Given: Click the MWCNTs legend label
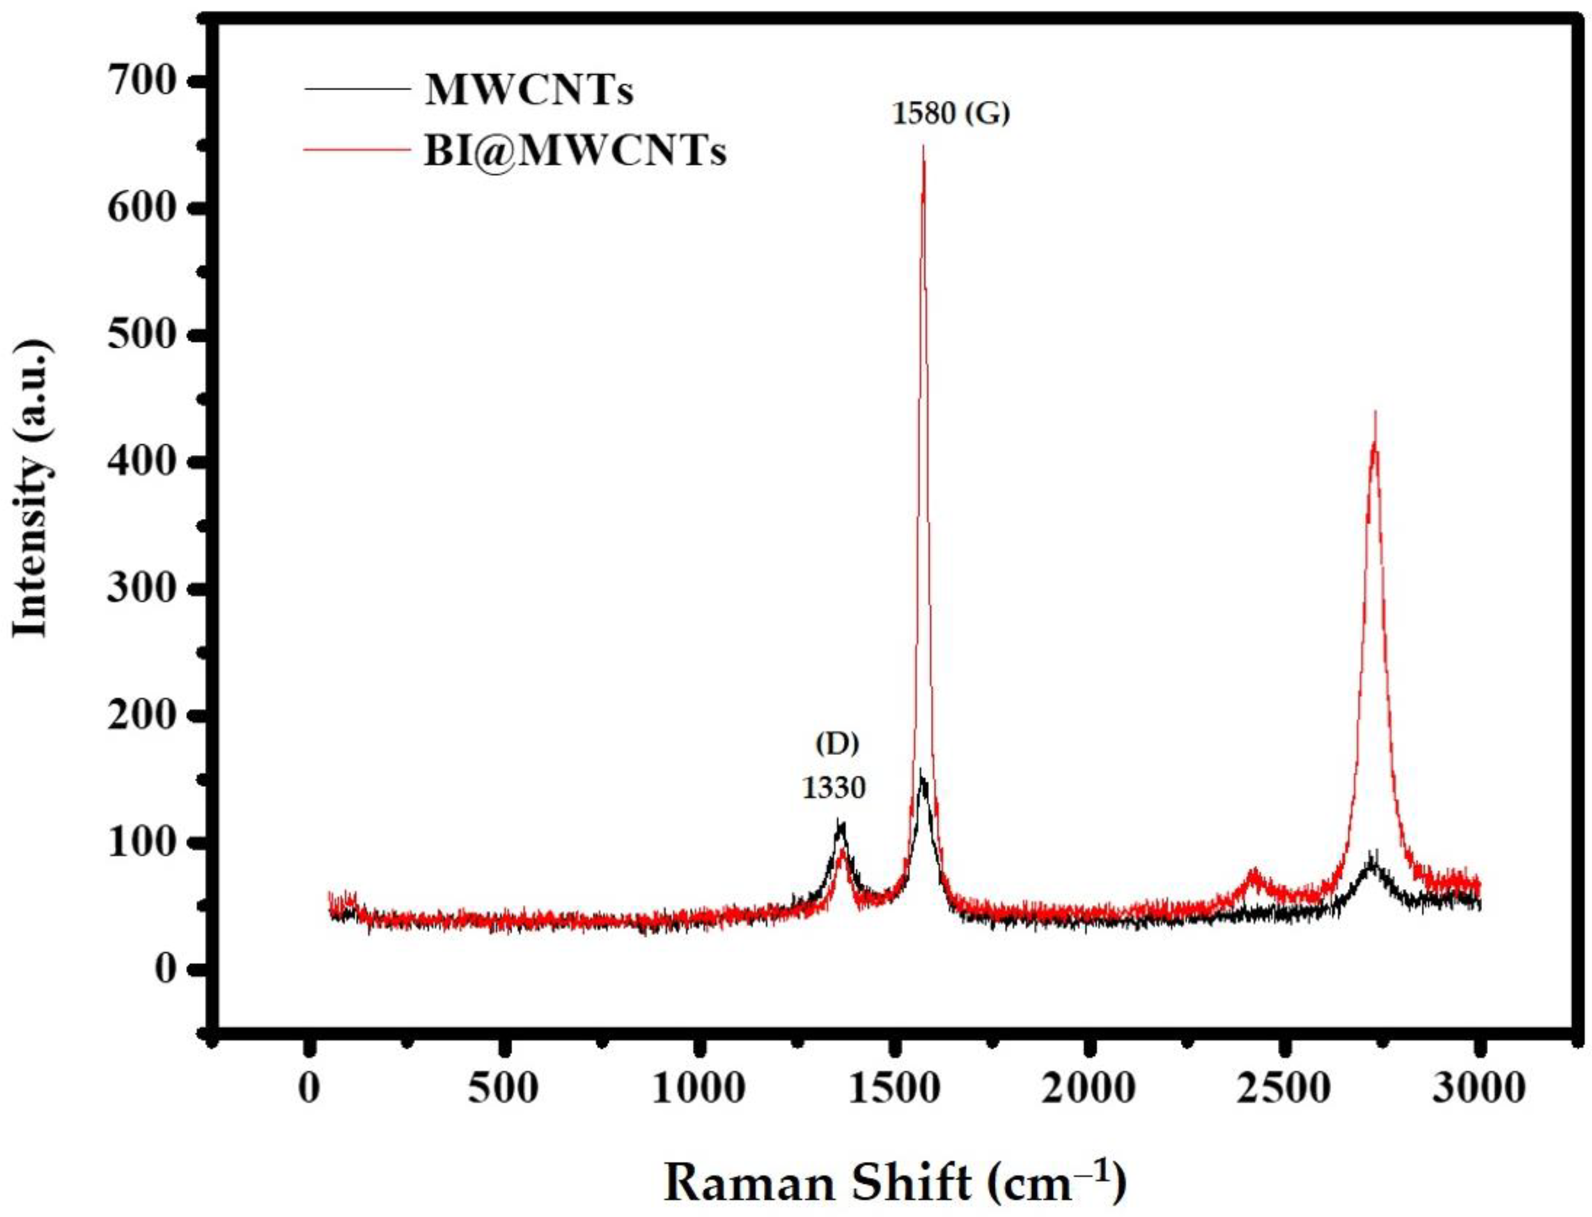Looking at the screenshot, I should tap(528, 91).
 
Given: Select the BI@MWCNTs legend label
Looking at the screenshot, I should tap(574, 153).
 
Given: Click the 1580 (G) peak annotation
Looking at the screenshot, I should tap(949, 114).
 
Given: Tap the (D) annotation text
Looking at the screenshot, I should tap(836, 744).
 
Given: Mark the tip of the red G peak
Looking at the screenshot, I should tap(923, 147).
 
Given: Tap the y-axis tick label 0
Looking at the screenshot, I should tap(168, 969).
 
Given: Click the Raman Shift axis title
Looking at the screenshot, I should tap(895, 1183).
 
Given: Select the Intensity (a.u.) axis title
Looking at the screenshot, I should tap(33, 490).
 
